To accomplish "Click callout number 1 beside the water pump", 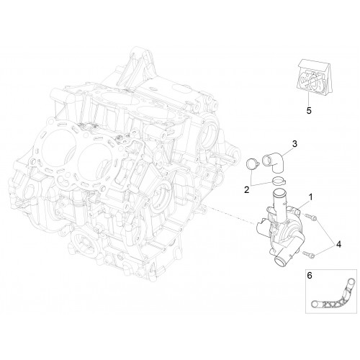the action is click(x=310, y=197).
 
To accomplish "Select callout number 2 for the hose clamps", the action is click(x=247, y=190).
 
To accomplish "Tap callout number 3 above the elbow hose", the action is click(x=294, y=144).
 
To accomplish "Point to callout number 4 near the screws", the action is click(x=338, y=244).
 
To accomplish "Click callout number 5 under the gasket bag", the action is click(x=309, y=111).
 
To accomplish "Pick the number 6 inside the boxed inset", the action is click(x=310, y=276).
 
